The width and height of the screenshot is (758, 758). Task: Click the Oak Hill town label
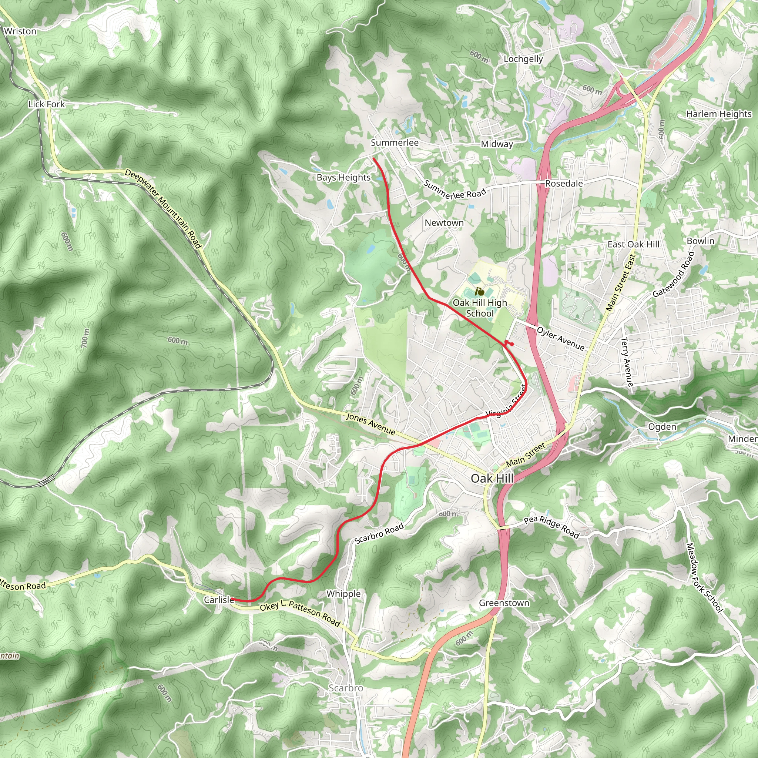click(x=492, y=479)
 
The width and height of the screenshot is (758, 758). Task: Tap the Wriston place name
click(x=20, y=31)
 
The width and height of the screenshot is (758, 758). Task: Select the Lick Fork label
click(x=46, y=104)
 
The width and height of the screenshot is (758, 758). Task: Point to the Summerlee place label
click(x=395, y=142)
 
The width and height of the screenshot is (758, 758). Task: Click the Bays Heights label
click(x=344, y=177)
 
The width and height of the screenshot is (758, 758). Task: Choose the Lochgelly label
click(x=523, y=59)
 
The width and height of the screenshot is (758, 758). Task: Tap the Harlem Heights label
click(x=719, y=114)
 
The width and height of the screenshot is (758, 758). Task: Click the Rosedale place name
click(x=564, y=184)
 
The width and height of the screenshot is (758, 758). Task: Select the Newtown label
click(x=444, y=223)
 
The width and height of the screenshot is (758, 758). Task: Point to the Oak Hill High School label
click(x=480, y=308)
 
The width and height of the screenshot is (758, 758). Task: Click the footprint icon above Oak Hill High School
click(x=479, y=291)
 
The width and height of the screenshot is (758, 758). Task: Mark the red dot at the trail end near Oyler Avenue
click(x=512, y=344)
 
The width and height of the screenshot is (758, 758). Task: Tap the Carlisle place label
click(x=218, y=600)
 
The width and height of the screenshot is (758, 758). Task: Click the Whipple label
click(x=343, y=594)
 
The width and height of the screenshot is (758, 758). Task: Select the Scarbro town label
click(x=346, y=688)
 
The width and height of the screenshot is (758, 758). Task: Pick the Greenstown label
click(x=504, y=603)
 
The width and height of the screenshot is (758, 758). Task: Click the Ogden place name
click(x=662, y=426)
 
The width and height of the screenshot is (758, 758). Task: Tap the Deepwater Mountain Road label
click(x=163, y=208)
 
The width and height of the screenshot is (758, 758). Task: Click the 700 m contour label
click(x=85, y=338)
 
